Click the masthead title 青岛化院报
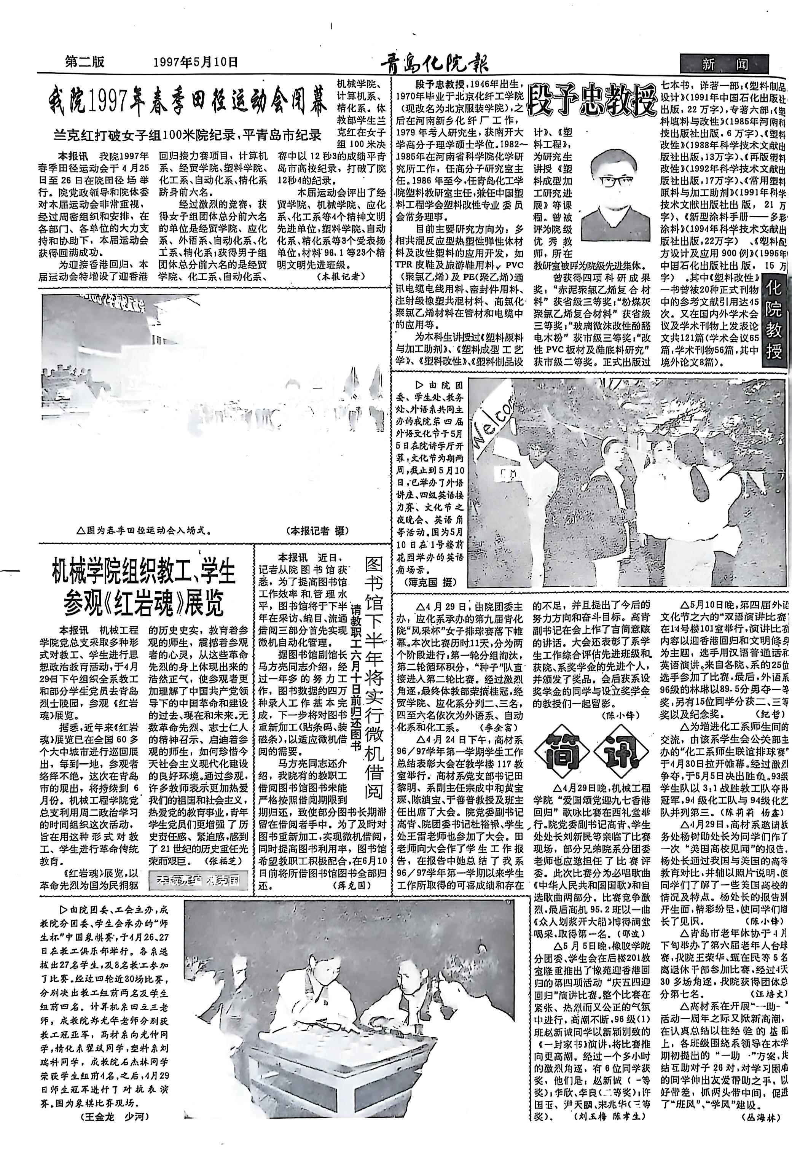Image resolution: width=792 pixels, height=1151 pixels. (x=434, y=64)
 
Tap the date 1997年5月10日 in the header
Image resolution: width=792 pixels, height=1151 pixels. (x=196, y=62)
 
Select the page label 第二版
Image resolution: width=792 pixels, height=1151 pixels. (x=85, y=62)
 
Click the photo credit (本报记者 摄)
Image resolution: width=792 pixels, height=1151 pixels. (x=318, y=530)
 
